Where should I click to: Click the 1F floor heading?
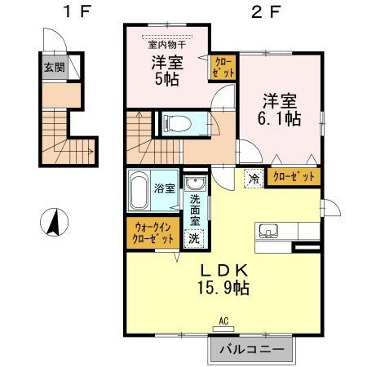[77, 12]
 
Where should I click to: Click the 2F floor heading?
[265, 12]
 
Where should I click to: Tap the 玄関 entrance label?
[55, 67]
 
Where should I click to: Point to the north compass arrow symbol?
[54, 222]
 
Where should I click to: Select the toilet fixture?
[177, 124]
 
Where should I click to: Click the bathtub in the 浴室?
[139, 190]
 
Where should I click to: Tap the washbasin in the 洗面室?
[195, 183]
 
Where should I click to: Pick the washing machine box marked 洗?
[194, 239]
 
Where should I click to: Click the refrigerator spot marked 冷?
[254, 179]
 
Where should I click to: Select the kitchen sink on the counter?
[268, 231]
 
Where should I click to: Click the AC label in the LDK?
[223, 321]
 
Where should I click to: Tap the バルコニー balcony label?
[252, 349]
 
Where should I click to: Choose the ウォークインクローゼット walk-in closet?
[153, 232]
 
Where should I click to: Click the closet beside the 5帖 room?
[223, 68]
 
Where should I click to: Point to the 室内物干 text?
[167, 45]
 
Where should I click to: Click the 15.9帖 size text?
[223, 287]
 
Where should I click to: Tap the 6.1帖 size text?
[279, 119]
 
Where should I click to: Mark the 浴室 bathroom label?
[165, 188]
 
